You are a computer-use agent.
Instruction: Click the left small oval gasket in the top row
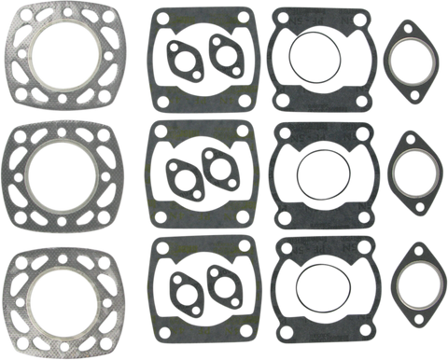click(178, 57)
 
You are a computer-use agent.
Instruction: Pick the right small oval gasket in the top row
click(222, 53)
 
